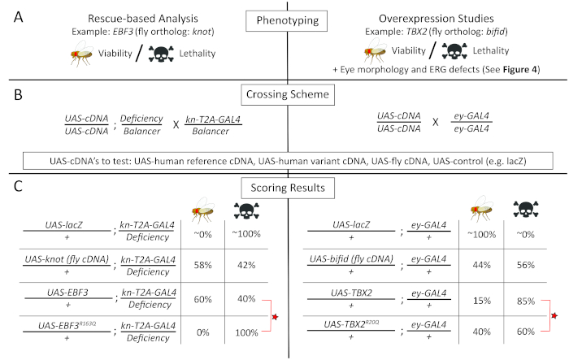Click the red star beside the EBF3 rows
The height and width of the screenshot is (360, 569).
point(274,314)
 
